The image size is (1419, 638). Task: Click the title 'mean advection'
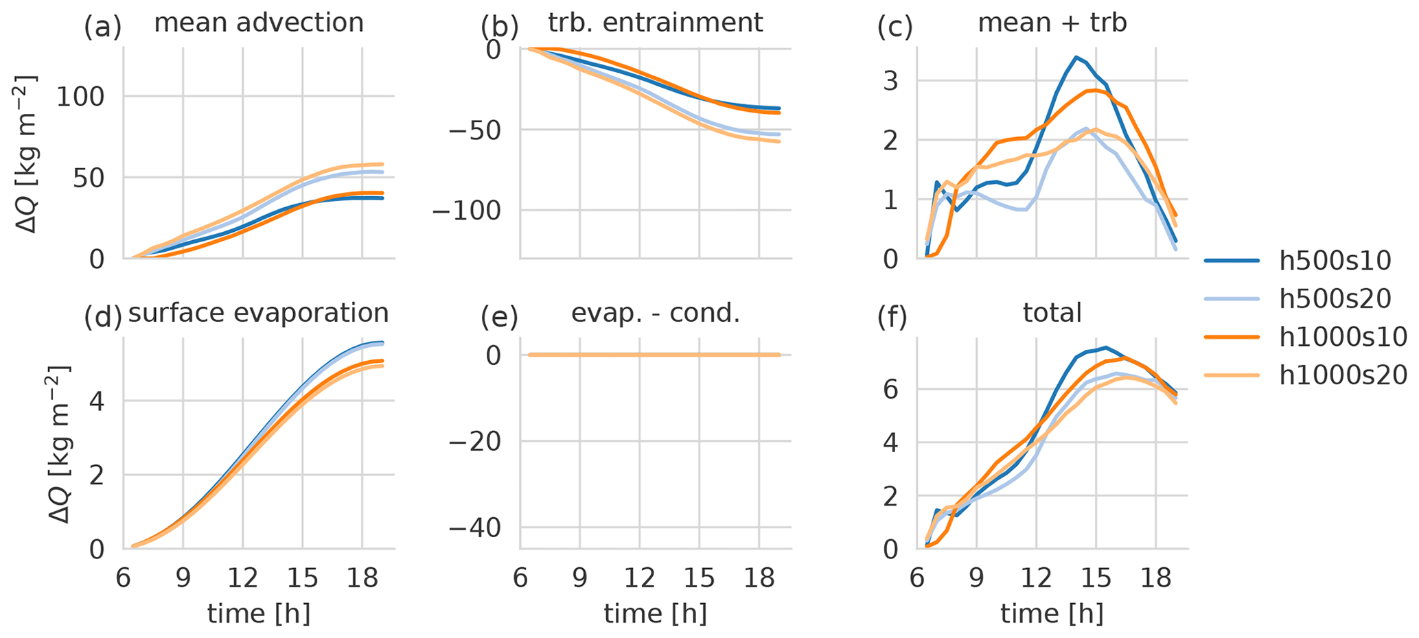(259, 23)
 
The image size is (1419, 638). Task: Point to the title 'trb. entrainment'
(655, 23)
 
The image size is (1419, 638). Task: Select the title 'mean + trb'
(1052, 23)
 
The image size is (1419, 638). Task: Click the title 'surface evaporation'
(259, 313)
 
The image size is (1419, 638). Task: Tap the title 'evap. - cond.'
(655, 313)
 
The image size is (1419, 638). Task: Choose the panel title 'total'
(1052, 313)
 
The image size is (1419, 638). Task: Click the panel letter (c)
(895, 27)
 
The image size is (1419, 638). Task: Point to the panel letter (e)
(499, 317)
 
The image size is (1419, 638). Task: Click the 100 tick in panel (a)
(80, 97)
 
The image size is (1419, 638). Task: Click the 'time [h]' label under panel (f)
(1052, 613)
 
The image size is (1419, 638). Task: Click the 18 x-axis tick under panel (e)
(759, 580)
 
